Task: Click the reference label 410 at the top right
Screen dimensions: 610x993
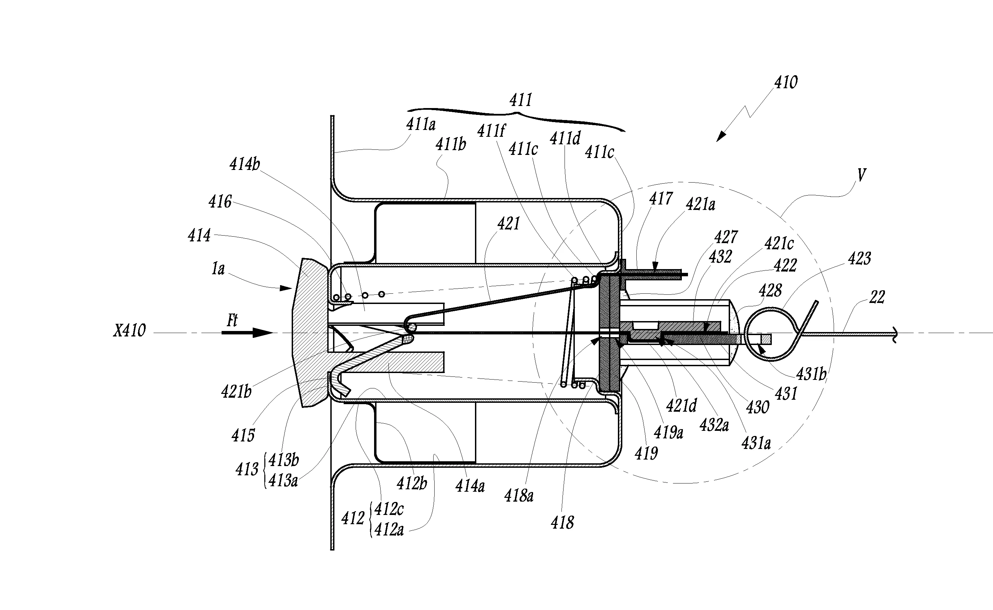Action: (786, 83)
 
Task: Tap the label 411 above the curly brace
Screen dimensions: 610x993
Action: (521, 100)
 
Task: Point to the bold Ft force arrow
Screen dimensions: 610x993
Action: (247, 333)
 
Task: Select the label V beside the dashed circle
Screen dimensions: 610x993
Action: (861, 175)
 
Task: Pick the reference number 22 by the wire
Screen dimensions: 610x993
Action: (877, 297)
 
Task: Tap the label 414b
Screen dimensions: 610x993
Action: (245, 164)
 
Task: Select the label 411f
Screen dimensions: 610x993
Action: (491, 131)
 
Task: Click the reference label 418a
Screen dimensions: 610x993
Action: (519, 495)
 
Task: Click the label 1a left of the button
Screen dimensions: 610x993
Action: (218, 269)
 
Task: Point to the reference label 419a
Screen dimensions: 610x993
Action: (668, 433)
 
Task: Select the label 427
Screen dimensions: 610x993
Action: (726, 237)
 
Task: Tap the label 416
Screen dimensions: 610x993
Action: (220, 202)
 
